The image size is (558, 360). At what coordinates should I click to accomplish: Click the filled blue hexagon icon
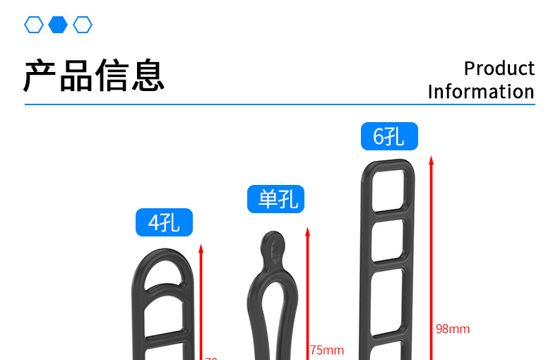click(58, 25)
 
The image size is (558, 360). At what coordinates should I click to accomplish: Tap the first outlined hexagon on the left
click(33, 25)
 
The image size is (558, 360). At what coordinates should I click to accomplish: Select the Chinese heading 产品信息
click(94, 76)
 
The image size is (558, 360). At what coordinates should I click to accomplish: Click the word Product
click(499, 68)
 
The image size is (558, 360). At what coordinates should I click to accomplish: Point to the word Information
click(480, 92)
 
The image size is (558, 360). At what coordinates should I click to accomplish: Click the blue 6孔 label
click(389, 136)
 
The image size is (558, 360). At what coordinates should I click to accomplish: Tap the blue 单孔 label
click(275, 199)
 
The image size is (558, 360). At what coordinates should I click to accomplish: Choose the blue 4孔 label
click(164, 223)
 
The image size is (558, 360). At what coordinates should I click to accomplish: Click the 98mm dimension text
click(453, 329)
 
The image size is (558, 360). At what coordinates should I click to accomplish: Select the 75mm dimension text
click(326, 350)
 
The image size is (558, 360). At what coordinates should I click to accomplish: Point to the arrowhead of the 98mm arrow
click(431, 160)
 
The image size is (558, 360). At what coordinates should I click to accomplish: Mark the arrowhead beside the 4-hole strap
click(201, 248)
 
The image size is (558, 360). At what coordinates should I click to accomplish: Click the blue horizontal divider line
click(280, 104)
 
